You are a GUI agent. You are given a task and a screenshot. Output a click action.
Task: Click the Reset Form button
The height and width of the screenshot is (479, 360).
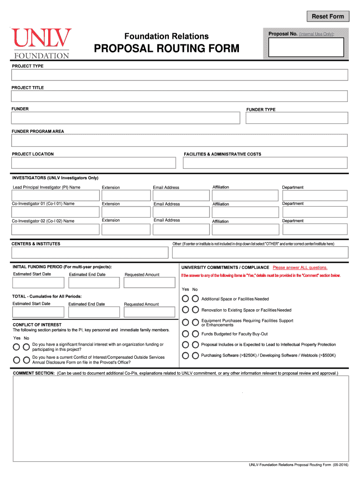[x=328, y=16]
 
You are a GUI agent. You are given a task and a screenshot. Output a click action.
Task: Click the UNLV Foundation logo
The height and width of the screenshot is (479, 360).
[x=42, y=44]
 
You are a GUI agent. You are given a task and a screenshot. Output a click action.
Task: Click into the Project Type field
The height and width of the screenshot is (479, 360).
[x=180, y=75]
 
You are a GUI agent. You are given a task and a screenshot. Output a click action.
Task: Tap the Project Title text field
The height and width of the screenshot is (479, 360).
[x=180, y=96]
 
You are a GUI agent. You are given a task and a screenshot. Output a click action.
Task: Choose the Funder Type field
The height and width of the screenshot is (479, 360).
[x=296, y=118]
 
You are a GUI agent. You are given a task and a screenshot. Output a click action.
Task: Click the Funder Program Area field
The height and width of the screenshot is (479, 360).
[x=180, y=140]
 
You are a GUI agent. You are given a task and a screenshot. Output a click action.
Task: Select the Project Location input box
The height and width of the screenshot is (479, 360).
[x=94, y=163]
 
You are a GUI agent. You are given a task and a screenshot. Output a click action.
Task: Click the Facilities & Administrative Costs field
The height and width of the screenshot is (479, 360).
[x=265, y=163]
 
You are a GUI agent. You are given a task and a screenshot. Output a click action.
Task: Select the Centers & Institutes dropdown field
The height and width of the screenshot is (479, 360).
[x=90, y=253]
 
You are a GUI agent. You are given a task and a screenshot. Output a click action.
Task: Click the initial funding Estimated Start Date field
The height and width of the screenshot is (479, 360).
[x=38, y=283]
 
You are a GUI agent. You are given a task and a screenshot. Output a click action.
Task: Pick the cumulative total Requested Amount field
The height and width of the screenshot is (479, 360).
[x=149, y=312]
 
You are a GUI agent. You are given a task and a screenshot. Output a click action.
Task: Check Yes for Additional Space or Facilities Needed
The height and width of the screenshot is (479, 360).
[x=186, y=298]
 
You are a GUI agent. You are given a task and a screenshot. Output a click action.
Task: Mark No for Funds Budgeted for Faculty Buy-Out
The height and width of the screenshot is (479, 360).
[x=195, y=334]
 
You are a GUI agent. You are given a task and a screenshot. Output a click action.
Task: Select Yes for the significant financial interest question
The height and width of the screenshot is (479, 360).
[x=17, y=347]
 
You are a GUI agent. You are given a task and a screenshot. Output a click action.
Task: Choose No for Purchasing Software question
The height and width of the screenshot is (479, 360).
[x=195, y=356]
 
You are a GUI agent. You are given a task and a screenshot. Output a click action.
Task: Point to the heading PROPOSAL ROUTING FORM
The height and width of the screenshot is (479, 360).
[x=167, y=49]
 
